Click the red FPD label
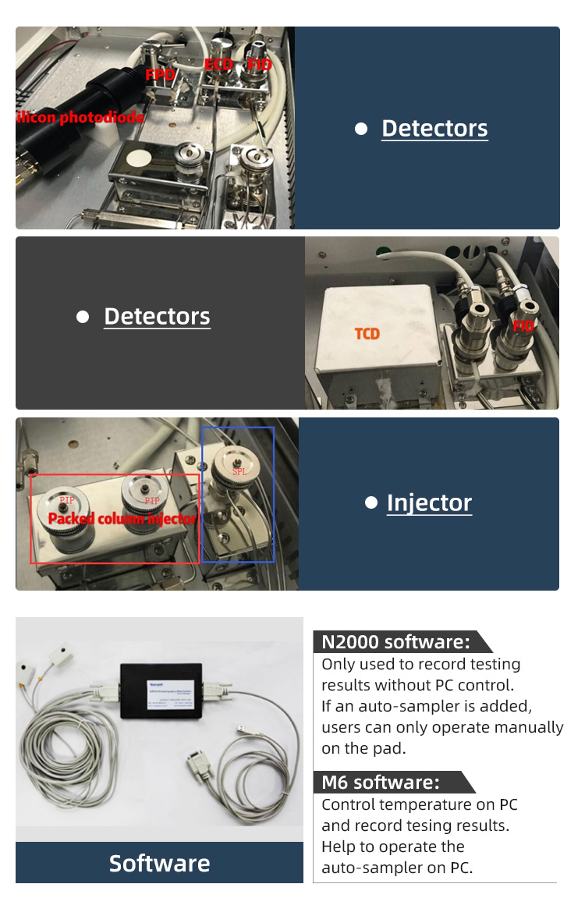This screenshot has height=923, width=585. coord(160,75)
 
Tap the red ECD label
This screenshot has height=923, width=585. coord(218,64)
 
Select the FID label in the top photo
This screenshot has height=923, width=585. coord(259,64)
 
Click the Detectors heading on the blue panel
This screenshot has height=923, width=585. coord(434,129)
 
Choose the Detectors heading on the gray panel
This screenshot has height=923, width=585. coord(157,316)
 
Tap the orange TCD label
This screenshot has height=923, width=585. coord(367,334)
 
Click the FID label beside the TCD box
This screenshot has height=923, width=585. coord(523,325)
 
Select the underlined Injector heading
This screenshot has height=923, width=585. coord(429,503)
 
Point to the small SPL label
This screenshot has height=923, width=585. coord(239,473)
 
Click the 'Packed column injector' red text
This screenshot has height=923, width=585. coord(122,519)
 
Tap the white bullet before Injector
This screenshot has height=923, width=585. coord(371,503)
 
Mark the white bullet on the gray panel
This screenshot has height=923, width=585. coord(83,317)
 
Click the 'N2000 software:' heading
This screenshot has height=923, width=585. coord(396,642)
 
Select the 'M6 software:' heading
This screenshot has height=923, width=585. coord(381,782)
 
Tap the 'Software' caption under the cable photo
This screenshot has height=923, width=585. coord(159,863)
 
